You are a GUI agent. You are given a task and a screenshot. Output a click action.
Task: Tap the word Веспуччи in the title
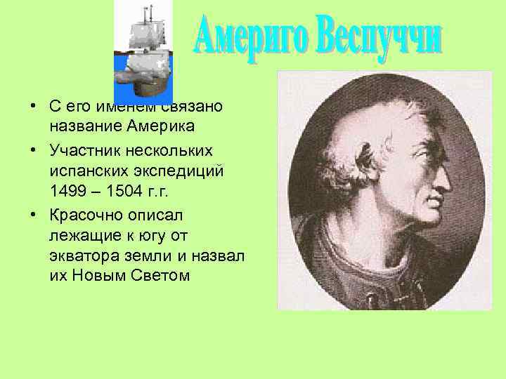point(380,36)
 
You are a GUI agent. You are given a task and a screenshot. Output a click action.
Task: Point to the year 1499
point(67,190)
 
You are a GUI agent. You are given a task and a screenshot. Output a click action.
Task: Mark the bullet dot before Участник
point(33,148)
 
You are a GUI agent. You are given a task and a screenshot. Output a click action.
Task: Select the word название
point(80,127)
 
